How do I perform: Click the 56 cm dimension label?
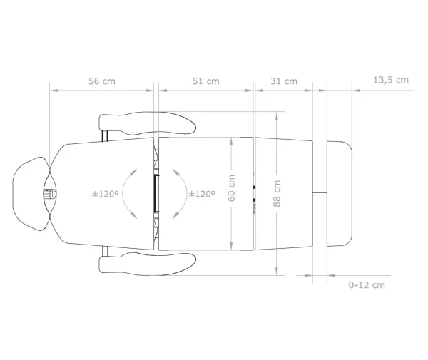[x=102, y=81]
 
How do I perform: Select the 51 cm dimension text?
[x=206, y=81]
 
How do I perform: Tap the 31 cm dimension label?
[x=284, y=81]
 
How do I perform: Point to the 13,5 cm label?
[x=391, y=80]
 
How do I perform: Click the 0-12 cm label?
[x=367, y=285]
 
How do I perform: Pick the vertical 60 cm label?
[x=231, y=188]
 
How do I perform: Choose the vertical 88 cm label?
[x=277, y=193]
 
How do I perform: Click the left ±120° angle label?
[x=106, y=194]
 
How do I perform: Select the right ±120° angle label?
[x=202, y=194]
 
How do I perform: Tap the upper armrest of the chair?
[x=148, y=123]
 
